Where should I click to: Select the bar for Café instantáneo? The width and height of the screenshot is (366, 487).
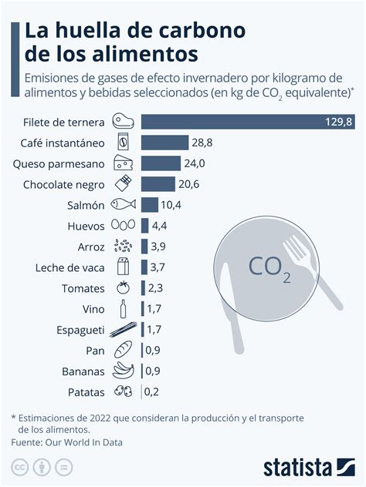pyautogui.click(x=164, y=143)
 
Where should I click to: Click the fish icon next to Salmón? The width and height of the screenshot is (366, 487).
pyautogui.click(x=123, y=205)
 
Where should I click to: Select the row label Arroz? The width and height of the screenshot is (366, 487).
pyautogui.click(x=90, y=247)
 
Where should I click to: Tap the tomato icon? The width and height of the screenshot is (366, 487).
pyautogui.click(x=123, y=288)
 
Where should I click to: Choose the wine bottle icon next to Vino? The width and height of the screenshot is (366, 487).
pyautogui.click(x=123, y=309)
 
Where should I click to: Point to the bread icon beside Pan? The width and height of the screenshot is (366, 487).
pyautogui.click(x=123, y=351)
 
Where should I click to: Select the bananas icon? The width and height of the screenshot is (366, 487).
pyautogui.click(x=123, y=371)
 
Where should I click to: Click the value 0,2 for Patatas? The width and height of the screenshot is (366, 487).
pyautogui.click(x=152, y=391)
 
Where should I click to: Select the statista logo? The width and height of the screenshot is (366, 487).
pyautogui.click(x=307, y=467)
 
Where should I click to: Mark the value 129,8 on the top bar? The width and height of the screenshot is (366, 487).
pyautogui.click(x=337, y=121)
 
